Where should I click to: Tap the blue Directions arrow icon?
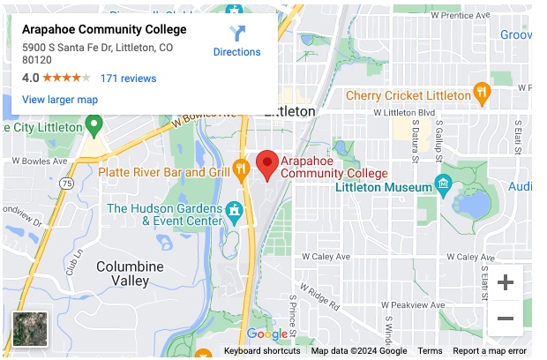tap(237, 34)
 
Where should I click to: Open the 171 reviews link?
tap(128, 78)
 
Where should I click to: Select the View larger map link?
tap(60, 100)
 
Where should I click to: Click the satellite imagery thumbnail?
tap(30, 328)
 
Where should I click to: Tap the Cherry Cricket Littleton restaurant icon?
tap(482, 91)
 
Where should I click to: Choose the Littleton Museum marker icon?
tap(443, 186)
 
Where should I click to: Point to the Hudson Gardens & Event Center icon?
tap(234, 213)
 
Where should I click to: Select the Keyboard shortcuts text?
tap(262, 351)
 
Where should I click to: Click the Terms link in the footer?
tap(430, 351)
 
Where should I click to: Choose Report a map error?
tap(490, 351)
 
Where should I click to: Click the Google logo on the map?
tap(267, 334)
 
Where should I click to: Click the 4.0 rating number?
tap(31, 78)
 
